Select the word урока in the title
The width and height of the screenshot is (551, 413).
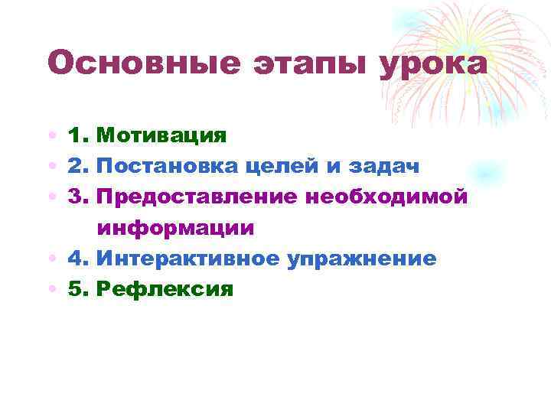tap(432, 64)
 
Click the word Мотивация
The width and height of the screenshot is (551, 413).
tap(162, 136)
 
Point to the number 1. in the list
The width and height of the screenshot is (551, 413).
tap(79, 136)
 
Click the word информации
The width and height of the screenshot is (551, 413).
tap(176, 229)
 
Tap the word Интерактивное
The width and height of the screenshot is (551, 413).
tap(189, 259)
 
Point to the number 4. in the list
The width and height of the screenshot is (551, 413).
tap(79, 259)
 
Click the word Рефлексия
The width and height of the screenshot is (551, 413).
tap(165, 290)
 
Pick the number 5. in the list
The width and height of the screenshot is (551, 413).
tap(79, 290)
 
